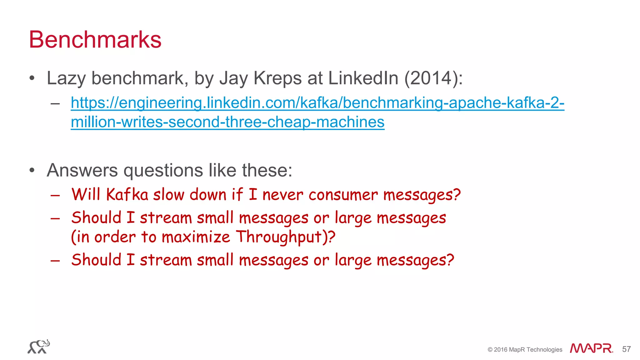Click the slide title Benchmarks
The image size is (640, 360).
tap(95, 40)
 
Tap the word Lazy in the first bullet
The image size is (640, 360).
tap(66, 78)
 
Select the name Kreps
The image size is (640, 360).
tap(277, 78)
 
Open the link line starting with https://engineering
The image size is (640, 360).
tap(317, 103)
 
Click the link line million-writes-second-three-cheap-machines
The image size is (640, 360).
tap(227, 122)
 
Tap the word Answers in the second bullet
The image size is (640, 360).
tap(82, 170)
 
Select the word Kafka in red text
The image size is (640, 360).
tap(127, 195)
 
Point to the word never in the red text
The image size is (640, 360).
tap(282, 195)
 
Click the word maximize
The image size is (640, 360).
tap(196, 237)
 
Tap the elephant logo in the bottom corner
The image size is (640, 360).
tap(39, 347)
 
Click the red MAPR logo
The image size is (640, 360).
tap(591, 348)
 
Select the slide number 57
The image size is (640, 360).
tap(626, 349)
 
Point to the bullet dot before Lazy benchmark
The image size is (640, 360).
tap(32, 78)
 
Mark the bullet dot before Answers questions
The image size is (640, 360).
tap(32, 171)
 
